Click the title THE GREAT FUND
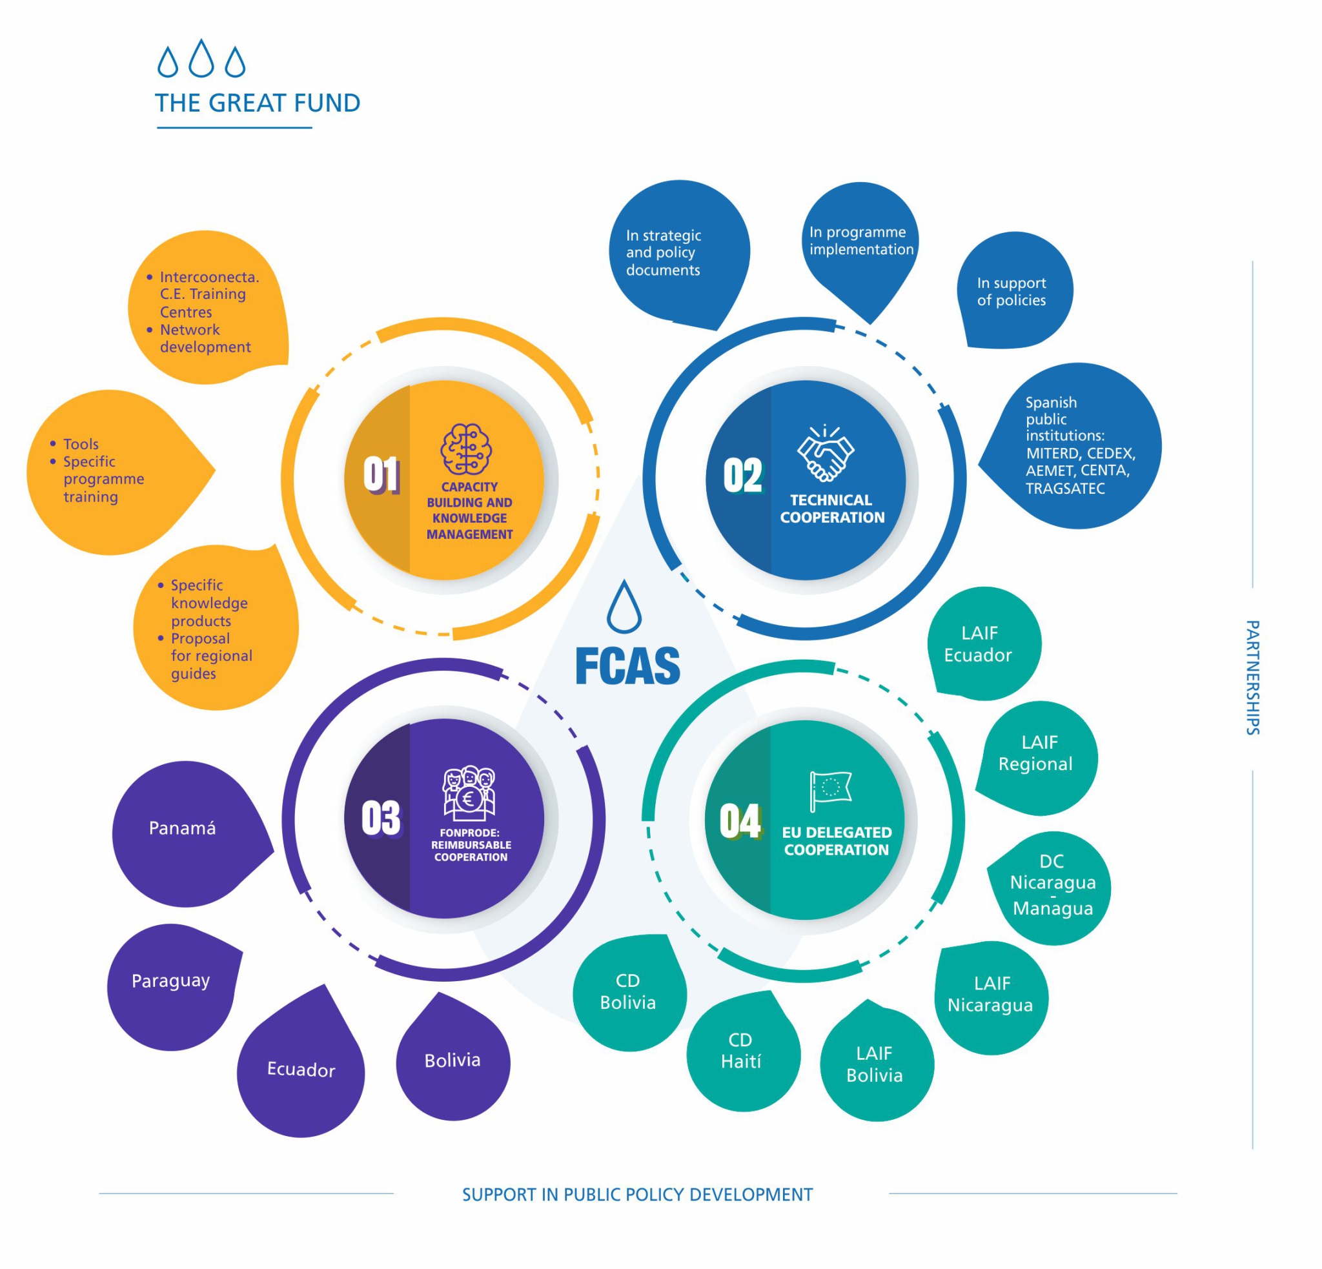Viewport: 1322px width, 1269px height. click(258, 103)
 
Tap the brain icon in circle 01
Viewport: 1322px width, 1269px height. click(466, 449)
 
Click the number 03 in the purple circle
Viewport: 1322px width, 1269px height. click(381, 818)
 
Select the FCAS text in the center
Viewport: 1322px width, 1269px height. click(627, 666)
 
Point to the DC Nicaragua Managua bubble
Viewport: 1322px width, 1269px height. click(1051, 888)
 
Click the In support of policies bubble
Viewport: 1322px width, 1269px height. click(1015, 290)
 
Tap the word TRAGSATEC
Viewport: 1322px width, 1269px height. click(1065, 488)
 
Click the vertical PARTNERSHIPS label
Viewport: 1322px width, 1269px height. click(1252, 678)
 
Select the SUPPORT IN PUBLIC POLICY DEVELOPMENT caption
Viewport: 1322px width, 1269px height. click(637, 1195)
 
